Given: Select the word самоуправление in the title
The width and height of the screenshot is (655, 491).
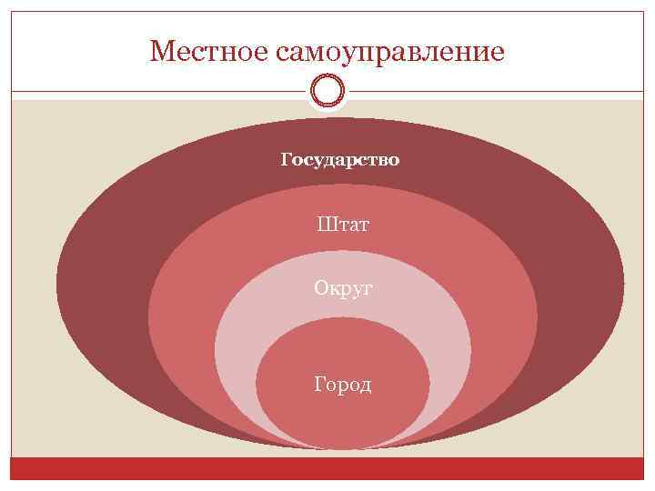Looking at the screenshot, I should (388, 53).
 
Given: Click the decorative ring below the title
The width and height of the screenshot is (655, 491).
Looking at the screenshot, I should (327, 91).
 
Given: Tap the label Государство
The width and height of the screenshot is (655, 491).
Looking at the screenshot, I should (340, 161).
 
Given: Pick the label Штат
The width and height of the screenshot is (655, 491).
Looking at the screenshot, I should (343, 224).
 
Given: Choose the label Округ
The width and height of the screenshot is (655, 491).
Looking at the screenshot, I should (343, 288).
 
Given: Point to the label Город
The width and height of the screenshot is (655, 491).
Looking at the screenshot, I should (343, 385).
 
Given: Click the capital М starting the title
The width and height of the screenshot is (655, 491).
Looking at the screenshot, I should (160, 51).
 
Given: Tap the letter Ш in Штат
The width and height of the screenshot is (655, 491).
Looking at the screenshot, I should (326, 224).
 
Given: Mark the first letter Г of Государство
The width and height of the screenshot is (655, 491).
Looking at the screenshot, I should (287, 160).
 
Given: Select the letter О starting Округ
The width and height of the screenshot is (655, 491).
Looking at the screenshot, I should (321, 287).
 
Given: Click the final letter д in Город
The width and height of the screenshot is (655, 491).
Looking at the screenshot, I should (366, 386).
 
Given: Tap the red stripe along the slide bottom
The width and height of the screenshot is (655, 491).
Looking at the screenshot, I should (327, 468).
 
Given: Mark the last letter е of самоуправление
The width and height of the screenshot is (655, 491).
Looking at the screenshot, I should (497, 53).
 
